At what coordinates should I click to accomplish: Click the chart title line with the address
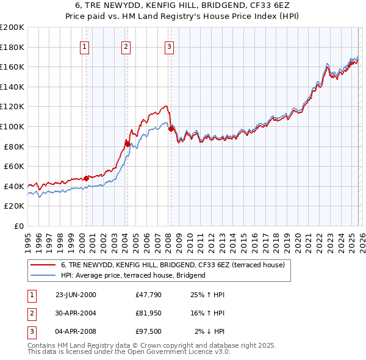pyautogui.click(x=183, y=5)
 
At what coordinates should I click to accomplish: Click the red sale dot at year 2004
pyautogui.click(x=127, y=144)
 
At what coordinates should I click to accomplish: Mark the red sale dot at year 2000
pyautogui.click(x=86, y=178)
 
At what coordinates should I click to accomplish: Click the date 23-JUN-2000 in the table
pyautogui.click(x=76, y=295)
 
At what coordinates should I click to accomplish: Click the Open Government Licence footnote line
pyautogui.click(x=129, y=352)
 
